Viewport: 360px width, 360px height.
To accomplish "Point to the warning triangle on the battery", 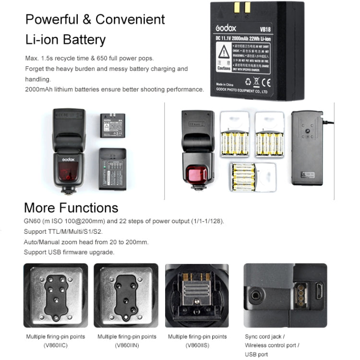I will (224, 50).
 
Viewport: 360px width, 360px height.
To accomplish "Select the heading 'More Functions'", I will (71, 208).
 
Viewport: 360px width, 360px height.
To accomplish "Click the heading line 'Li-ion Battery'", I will (65, 39).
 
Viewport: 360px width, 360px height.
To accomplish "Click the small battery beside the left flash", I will (111, 125).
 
